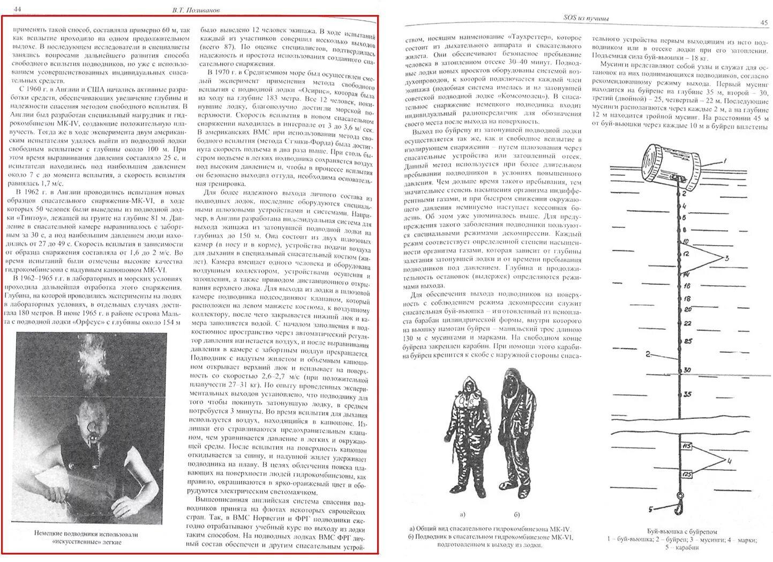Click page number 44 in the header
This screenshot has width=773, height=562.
[18, 9]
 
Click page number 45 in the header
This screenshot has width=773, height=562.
[764, 23]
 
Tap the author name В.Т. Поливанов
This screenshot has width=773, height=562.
[192, 10]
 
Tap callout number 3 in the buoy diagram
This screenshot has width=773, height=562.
[727, 258]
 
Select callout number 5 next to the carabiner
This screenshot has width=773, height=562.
[650, 509]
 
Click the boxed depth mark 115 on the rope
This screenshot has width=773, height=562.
[687, 446]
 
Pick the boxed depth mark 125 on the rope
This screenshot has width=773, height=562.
[687, 474]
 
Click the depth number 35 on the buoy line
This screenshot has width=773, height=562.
[688, 394]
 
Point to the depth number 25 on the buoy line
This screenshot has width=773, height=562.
[688, 341]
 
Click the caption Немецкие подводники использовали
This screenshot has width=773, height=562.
[86, 534]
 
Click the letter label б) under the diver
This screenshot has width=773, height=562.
[516, 515]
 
